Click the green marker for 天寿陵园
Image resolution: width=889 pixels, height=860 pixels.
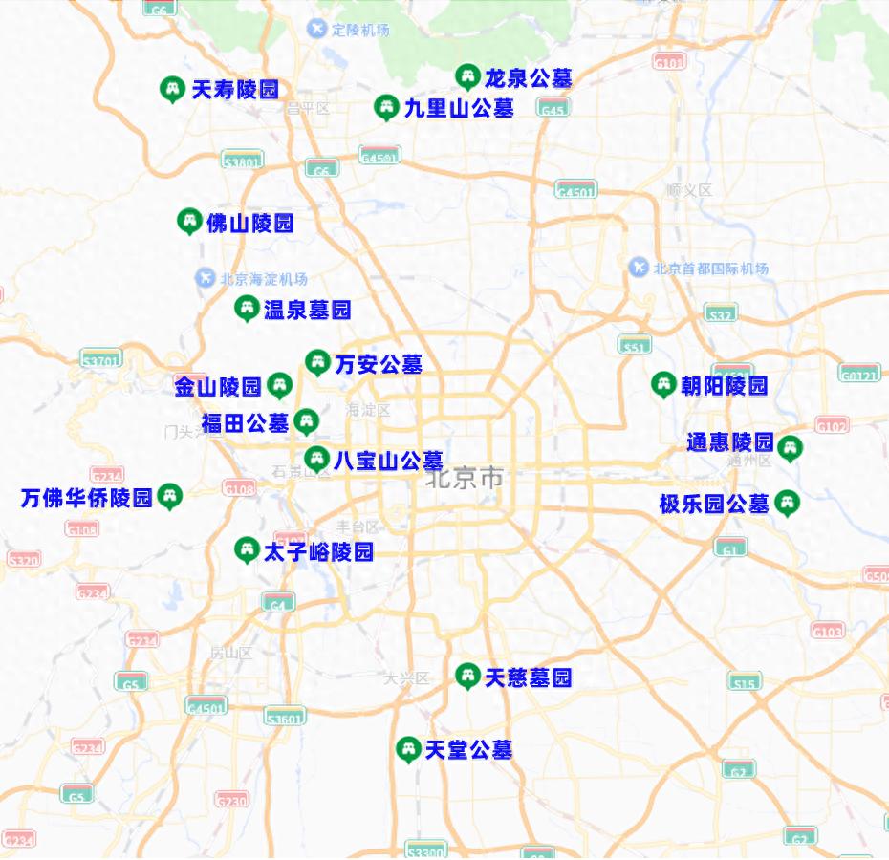(x=172, y=89)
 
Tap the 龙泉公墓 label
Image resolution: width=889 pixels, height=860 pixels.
(x=528, y=77)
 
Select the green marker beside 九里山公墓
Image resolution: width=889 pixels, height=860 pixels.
(x=385, y=107)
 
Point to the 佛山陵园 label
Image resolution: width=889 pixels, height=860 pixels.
(x=249, y=224)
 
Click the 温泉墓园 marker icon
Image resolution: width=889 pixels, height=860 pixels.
(x=247, y=308)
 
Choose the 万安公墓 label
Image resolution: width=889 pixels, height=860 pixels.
(x=379, y=364)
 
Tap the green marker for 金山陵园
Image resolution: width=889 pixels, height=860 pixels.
(x=279, y=385)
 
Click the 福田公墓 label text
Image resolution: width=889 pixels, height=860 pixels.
(x=245, y=422)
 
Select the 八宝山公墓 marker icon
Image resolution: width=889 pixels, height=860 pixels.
(x=317, y=459)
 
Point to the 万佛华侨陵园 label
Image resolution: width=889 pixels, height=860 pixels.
(x=87, y=498)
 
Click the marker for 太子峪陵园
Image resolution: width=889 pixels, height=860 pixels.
(x=247, y=549)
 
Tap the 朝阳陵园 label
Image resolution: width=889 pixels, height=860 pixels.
(x=724, y=386)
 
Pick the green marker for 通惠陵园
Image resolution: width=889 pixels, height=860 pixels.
(x=790, y=447)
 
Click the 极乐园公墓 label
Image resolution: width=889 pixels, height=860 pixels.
(x=714, y=504)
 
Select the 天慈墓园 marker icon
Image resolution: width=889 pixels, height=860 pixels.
(x=467, y=676)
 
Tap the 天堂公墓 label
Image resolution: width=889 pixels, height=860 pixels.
(x=468, y=750)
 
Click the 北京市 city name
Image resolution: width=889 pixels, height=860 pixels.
(x=465, y=478)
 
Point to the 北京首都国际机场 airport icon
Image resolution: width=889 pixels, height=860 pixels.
(x=640, y=268)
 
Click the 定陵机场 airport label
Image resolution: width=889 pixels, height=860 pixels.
(x=360, y=30)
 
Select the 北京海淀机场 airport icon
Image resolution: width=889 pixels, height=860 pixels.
(x=206, y=278)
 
